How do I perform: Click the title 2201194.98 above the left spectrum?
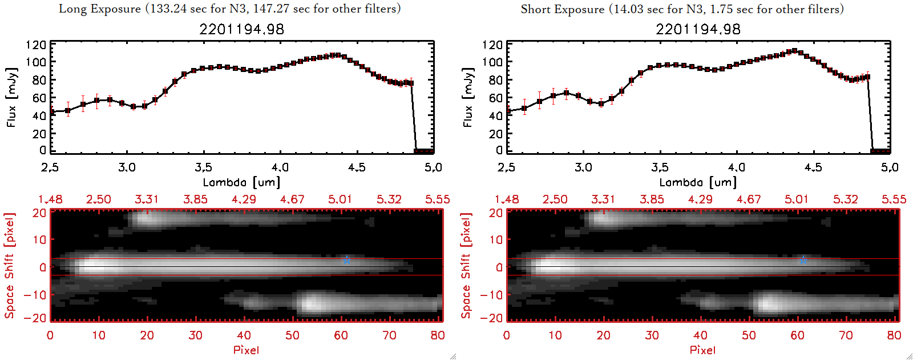click(x=241, y=29)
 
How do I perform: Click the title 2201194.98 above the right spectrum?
click(x=698, y=29)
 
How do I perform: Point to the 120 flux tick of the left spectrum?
click(x=36, y=45)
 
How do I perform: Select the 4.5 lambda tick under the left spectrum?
click(x=357, y=167)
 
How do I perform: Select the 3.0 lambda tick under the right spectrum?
click(x=583, y=167)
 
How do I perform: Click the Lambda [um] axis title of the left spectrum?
click(x=241, y=182)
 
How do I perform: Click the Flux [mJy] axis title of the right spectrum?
click(x=468, y=98)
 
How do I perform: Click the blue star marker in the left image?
click(x=346, y=260)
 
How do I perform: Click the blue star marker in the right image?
click(x=803, y=260)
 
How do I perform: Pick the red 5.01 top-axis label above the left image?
click(x=340, y=199)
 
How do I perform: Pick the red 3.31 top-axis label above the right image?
click(x=603, y=199)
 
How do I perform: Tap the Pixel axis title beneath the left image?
click(x=246, y=350)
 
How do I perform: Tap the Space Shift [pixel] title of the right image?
click(x=466, y=266)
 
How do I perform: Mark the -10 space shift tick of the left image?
click(x=35, y=294)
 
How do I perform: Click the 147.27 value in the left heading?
click(x=272, y=9)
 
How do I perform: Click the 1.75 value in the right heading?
click(x=721, y=9)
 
